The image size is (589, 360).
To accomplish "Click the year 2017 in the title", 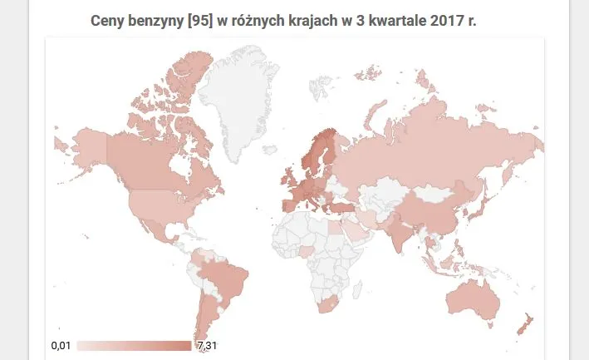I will coord(449,20).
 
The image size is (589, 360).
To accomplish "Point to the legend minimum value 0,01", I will coord(61,345).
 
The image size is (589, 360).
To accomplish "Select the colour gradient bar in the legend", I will coord(133,345).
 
